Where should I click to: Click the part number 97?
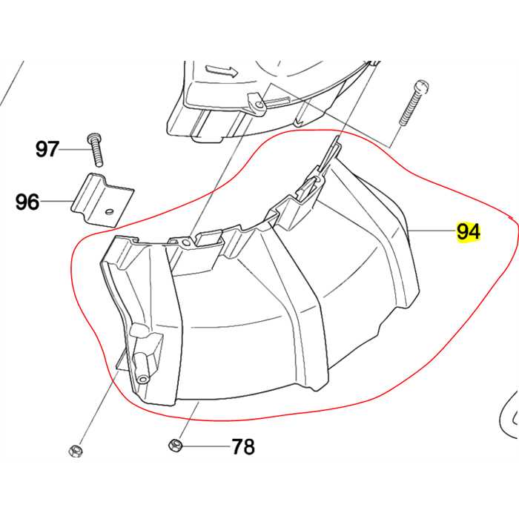[47, 150]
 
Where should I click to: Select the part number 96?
[27, 202]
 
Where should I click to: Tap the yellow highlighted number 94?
[469, 232]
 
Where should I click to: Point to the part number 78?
[243, 447]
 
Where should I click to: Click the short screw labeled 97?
[95, 150]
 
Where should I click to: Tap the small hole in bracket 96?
[108, 212]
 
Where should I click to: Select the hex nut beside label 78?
[176, 446]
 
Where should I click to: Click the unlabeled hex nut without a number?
[74, 451]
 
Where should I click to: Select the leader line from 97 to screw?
[74, 150]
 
